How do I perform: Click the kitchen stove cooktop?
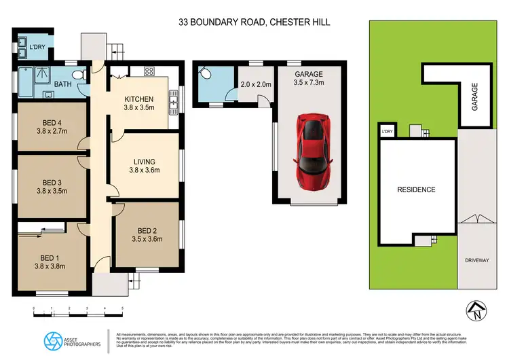coord(149,71)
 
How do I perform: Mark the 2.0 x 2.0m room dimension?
coord(255,85)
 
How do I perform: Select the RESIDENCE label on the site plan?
coord(416,190)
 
